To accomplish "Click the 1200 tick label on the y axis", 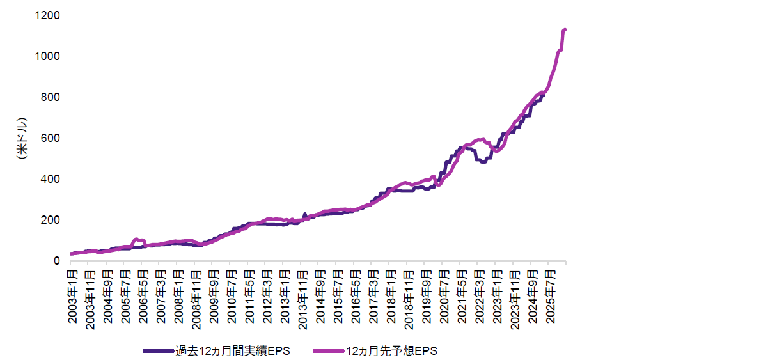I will (49, 15).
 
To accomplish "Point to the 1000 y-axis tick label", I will (49, 56).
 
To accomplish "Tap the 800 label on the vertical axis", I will (51, 97).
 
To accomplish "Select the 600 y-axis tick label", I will (51, 138).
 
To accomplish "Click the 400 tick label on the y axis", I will (51, 179).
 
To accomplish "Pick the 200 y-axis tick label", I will (51, 220).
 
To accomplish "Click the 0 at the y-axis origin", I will (56, 261).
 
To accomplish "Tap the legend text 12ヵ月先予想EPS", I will (391, 350).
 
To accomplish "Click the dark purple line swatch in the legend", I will (159, 350).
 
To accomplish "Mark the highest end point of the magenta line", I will (565, 29).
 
